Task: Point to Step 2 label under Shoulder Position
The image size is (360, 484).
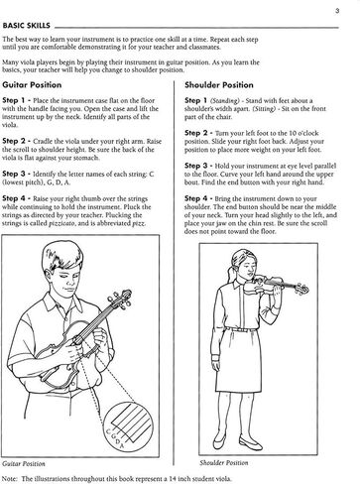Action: coord(201,132)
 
